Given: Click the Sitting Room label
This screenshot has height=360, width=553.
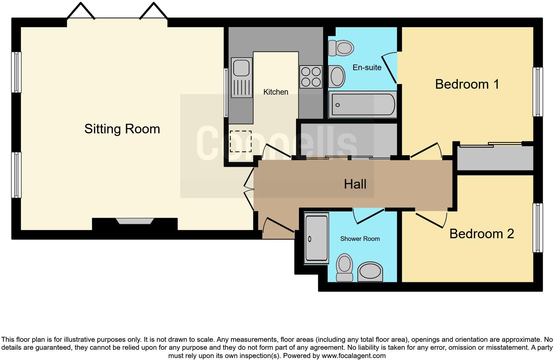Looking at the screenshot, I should pos(122,129).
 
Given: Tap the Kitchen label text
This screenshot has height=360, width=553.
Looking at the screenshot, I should pos(276,92).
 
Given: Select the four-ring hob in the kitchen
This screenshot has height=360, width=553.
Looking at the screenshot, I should pos(311,77).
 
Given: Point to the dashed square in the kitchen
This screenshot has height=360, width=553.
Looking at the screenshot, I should pos(240,141).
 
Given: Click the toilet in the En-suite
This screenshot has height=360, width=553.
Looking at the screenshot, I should pos(341,48).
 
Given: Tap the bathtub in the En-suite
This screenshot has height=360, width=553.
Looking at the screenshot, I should pos(363,105).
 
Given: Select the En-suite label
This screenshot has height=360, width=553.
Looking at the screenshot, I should pos(367,67).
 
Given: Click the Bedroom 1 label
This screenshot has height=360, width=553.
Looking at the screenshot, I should pos(467,84).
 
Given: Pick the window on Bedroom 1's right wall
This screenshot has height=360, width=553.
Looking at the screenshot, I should pos(537,92).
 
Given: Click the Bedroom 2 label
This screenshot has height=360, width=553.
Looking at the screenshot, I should pos(481,234).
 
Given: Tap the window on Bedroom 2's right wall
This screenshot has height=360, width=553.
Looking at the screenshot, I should pos(537,228).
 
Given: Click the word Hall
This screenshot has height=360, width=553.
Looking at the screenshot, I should pos(355,184).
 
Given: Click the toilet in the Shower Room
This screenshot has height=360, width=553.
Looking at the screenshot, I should pos(344,267).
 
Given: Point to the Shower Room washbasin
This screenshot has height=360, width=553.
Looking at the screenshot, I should pos(370,272).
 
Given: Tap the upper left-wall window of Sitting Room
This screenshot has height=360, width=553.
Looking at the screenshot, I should pos(16,72).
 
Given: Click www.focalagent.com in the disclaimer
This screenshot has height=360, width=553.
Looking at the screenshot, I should pos(354,356).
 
